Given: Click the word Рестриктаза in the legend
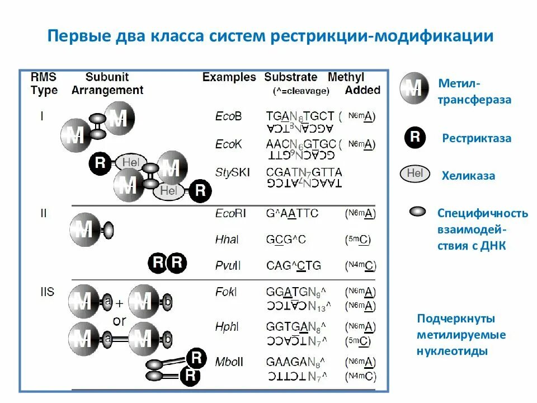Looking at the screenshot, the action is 477,138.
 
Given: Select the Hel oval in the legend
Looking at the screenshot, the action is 414,174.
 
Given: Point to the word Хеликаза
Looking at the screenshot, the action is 469,175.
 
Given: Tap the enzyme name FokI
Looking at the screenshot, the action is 226,292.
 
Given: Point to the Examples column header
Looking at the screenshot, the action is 229,77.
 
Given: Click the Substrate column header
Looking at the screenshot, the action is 291,77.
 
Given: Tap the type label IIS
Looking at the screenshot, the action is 47,292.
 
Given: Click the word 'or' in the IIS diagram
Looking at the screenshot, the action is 120,321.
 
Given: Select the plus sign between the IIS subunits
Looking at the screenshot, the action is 119,303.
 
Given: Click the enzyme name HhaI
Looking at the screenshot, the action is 227,240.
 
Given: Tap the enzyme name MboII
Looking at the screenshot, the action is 229,362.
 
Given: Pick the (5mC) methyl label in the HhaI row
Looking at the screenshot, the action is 358,240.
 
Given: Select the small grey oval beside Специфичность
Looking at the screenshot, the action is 418,212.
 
